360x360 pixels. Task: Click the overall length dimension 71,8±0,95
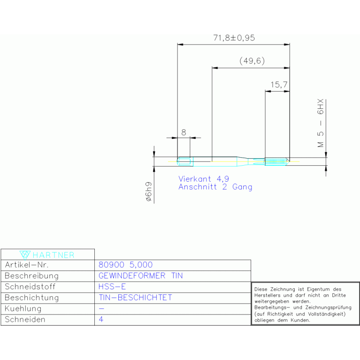[x=234, y=38]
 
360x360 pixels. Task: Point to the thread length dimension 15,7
[x=279, y=84]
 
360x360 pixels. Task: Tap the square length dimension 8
[x=184, y=132]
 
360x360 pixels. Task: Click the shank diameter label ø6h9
[x=149, y=191]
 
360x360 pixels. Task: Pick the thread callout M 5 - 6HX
[x=321, y=123]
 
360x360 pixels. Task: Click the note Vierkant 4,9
[x=204, y=179]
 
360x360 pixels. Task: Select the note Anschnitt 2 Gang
[x=215, y=187]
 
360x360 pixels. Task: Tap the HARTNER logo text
[x=54, y=255]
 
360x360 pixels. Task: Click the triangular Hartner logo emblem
[x=25, y=255]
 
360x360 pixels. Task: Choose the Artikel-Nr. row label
[x=27, y=265]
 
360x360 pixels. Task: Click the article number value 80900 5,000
[x=126, y=265]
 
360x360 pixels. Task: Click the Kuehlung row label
[x=23, y=308]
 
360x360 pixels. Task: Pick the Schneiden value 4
[x=101, y=319]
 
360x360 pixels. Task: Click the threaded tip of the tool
[x=277, y=161]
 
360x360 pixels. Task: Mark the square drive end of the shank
[x=185, y=161]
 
